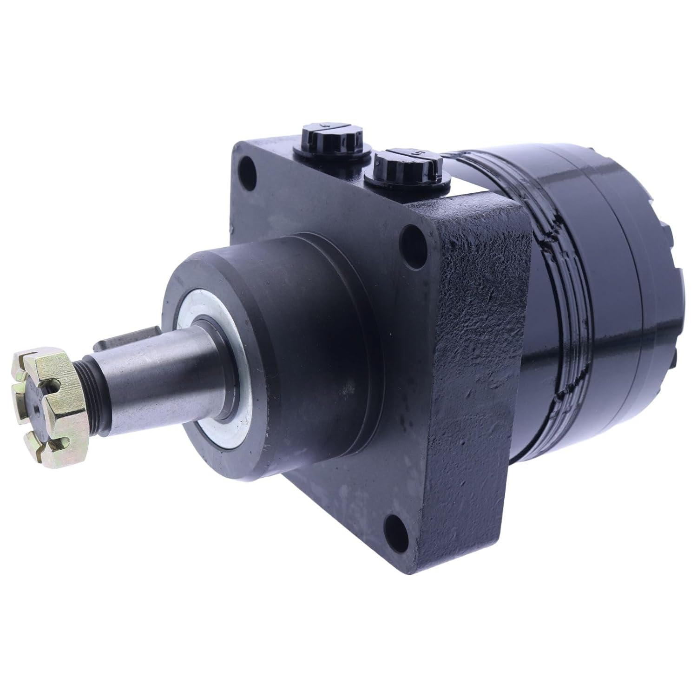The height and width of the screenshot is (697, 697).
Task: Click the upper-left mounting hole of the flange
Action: pyautogui.click(x=248, y=166)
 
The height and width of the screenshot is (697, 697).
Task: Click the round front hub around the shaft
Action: pyautogui.click(x=297, y=325)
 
